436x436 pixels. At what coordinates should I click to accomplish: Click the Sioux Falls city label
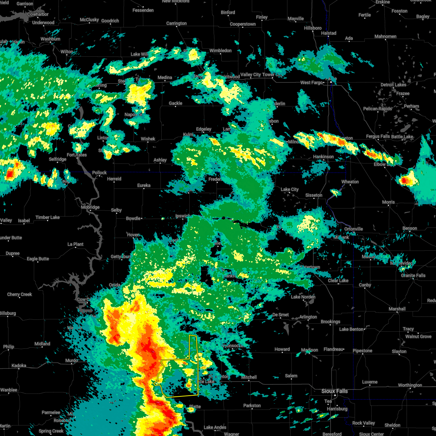(x=334, y=391)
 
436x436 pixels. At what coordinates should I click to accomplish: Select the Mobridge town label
(x=90, y=207)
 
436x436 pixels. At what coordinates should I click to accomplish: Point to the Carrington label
(x=177, y=23)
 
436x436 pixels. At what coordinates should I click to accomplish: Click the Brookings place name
(x=330, y=322)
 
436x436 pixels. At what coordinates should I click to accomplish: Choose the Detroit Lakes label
(x=393, y=85)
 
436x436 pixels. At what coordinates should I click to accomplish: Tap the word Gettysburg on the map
(x=121, y=257)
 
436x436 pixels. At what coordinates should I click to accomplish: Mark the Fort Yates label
(x=77, y=155)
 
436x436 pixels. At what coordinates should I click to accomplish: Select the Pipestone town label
(x=362, y=351)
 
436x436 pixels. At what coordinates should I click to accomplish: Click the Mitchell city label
(x=249, y=377)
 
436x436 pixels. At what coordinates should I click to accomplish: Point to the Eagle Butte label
(x=38, y=259)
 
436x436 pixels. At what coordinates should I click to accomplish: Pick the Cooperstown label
(x=243, y=24)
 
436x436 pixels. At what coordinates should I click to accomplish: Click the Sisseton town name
(x=314, y=195)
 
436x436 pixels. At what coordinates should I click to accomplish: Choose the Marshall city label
(x=397, y=309)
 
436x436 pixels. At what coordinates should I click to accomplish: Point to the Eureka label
(x=144, y=185)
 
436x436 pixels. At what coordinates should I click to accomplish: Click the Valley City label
(x=251, y=74)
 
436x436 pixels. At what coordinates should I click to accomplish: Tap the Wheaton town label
(x=350, y=182)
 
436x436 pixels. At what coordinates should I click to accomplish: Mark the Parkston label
(x=252, y=405)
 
